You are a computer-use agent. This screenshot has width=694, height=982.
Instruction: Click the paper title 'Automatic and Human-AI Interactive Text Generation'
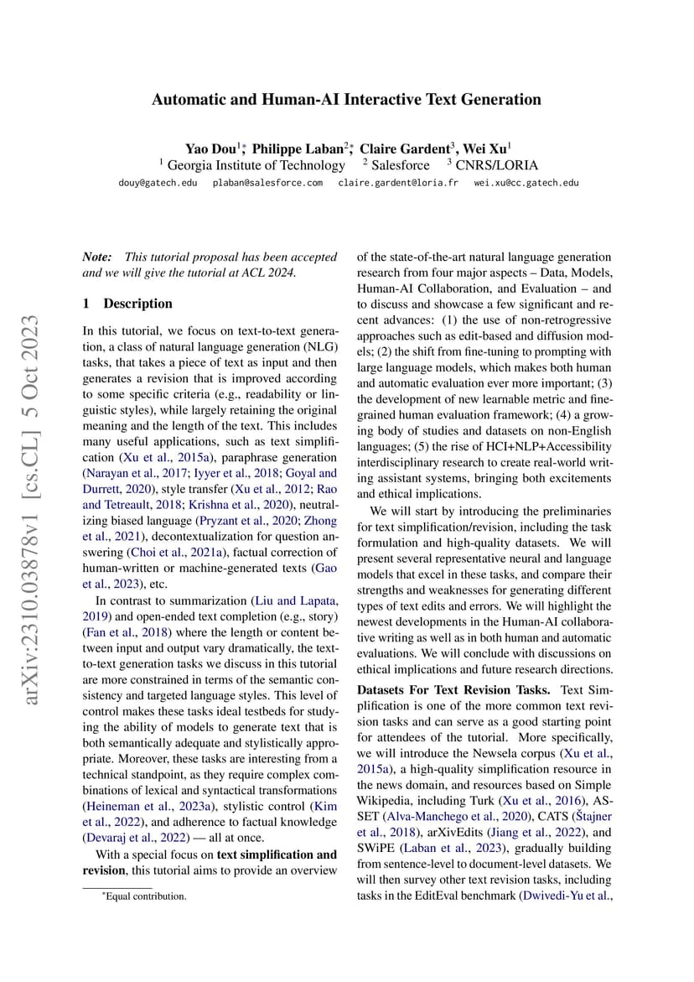tap(346, 100)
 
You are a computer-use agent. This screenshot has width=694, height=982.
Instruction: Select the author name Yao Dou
tap(210, 148)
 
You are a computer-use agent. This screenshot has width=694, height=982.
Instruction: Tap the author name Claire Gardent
tap(407, 148)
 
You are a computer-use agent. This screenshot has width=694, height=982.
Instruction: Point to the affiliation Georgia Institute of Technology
tap(256, 165)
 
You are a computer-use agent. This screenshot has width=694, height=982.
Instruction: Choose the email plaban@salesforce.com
tap(267, 183)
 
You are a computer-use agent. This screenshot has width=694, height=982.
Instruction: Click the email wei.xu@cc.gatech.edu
tap(526, 183)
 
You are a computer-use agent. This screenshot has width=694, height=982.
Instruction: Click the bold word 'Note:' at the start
tap(98, 257)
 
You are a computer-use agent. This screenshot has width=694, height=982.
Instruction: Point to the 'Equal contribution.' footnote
tap(139, 896)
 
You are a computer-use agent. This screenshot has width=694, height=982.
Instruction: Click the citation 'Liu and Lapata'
tap(297, 600)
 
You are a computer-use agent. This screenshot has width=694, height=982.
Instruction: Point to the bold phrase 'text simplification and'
tap(277, 855)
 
